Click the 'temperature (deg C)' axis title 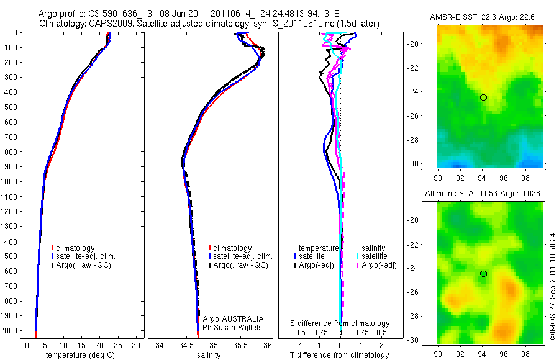tap(78, 355)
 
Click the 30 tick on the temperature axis tap(136, 345)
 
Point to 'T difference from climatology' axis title tap(340, 355)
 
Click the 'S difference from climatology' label tap(340, 323)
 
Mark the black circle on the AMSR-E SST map tap(483, 97)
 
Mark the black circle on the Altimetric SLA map tap(483, 274)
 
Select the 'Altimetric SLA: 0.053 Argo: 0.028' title tap(482, 194)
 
